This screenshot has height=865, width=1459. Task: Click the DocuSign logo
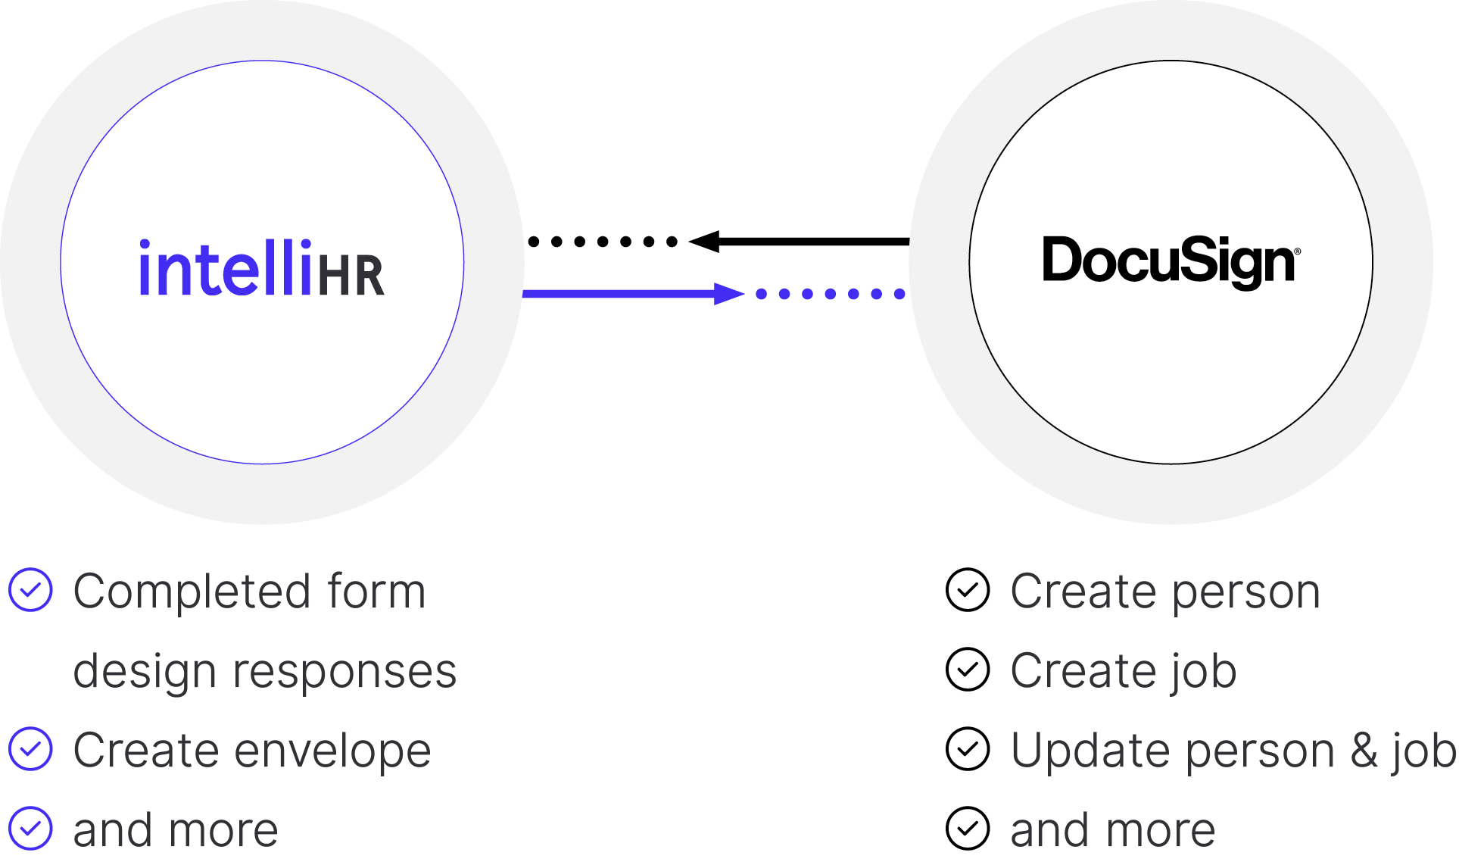1170,261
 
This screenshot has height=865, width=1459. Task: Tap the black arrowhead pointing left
705,242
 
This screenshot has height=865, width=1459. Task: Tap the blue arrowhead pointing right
728,294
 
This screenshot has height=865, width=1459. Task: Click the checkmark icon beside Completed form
30,590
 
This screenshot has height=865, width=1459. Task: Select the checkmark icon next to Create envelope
30,749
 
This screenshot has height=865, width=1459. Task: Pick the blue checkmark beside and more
30,829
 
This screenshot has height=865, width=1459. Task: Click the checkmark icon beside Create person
968,590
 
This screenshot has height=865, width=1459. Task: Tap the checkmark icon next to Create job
968,670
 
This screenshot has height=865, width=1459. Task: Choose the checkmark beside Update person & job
968,749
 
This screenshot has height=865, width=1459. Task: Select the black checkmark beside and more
968,829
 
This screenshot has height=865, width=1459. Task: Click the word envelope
333,751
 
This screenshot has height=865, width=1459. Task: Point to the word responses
344,673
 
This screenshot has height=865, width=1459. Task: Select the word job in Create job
1204,673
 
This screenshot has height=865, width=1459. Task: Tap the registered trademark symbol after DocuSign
1298,251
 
